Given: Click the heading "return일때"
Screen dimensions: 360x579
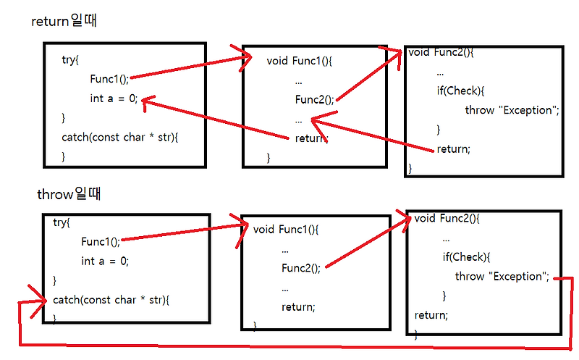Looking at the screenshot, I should pos(64,22).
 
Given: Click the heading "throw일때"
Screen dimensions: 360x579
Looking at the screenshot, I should pos(69,195).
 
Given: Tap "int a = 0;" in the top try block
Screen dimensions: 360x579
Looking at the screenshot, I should pos(113,98).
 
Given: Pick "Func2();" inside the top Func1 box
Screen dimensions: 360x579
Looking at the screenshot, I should pos(315,100).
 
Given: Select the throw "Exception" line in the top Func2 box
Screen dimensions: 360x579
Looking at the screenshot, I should pos(512,110).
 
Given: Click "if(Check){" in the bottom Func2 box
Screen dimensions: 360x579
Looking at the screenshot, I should pos(467,256).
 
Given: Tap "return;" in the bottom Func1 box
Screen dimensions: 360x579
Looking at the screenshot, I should pos(298,306).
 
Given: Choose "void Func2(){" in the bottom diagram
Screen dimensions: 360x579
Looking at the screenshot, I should pos(448,217).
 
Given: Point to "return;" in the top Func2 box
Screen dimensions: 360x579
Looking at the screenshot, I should pos(454,149).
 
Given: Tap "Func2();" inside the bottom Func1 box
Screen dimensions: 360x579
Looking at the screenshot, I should pos(300,268).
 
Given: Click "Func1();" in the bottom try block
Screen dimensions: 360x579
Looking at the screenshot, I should pos(101,241).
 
